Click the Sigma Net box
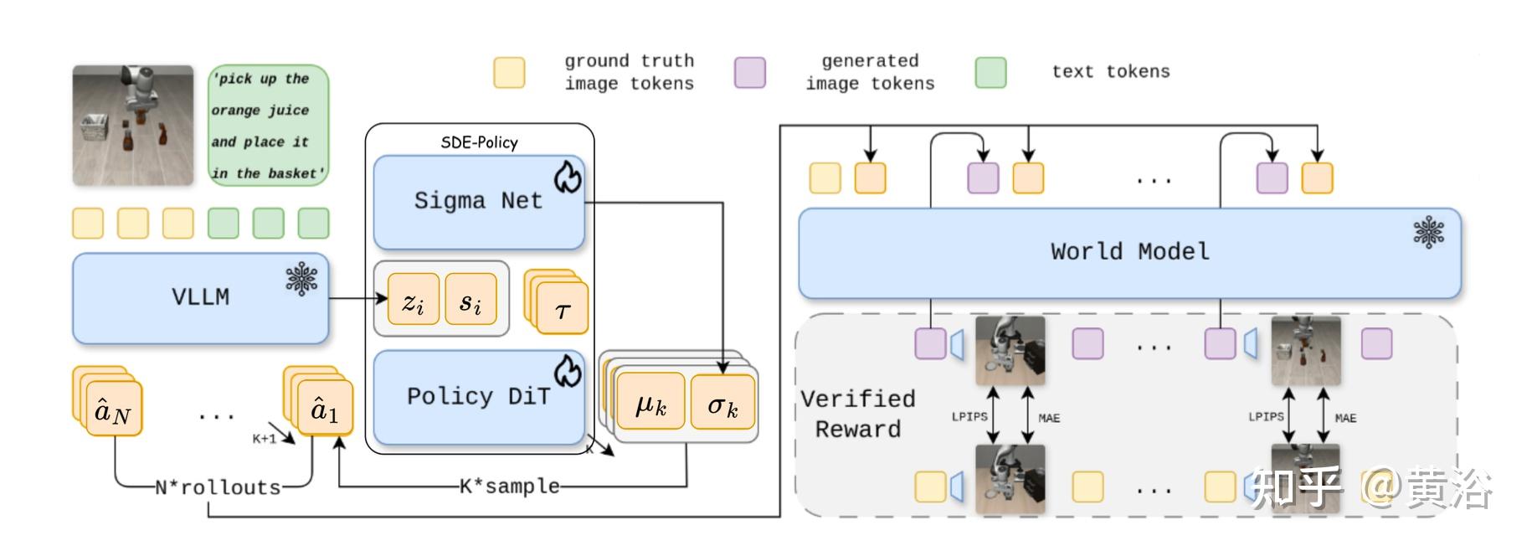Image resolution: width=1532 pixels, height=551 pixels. [x=478, y=202]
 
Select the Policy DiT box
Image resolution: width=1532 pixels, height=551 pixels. [x=478, y=397]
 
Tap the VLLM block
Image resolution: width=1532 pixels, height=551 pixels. [x=200, y=297]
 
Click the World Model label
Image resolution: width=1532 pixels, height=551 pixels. [x=1129, y=251]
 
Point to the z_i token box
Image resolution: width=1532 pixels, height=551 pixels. [x=413, y=300]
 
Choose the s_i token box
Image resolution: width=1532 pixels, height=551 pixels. [x=470, y=300]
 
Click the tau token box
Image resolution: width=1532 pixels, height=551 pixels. [x=562, y=310]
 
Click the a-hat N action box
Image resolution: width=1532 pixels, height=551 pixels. [x=114, y=410]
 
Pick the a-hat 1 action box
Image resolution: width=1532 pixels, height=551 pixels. [x=325, y=410]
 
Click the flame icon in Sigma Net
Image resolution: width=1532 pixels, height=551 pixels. [x=568, y=177]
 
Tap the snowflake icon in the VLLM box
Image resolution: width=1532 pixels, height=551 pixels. [x=301, y=279]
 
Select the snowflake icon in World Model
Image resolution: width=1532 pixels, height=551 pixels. [x=1428, y=232]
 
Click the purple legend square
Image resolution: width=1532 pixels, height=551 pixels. [x=749, y=73]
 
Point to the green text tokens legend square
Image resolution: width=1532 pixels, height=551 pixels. [x=990, y=73]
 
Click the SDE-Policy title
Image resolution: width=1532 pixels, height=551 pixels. [x=479, y=142]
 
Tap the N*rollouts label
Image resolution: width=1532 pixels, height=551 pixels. [x=218, y=487]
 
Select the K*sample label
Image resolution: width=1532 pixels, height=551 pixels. [x=509, y=486]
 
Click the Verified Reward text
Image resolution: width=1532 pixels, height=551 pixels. [x=858, y=414]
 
